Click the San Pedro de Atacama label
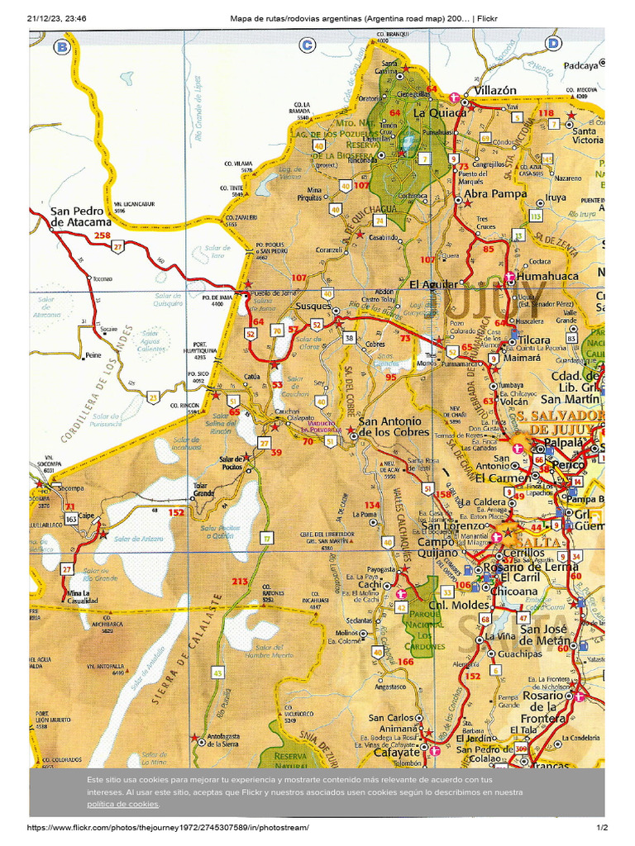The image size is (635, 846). [80, 216]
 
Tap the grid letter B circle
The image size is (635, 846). [61, 47]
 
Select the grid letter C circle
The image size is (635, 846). [308, 45]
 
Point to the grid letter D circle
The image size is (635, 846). [553, 44]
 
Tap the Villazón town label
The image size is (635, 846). [494, 90]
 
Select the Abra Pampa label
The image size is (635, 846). [495, 193]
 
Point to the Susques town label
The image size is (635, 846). [313, 306]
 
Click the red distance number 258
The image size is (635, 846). [102, 235]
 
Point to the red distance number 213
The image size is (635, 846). [240, 582]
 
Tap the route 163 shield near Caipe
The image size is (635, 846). [72, 518]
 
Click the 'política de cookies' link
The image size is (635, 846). [122, 804]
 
